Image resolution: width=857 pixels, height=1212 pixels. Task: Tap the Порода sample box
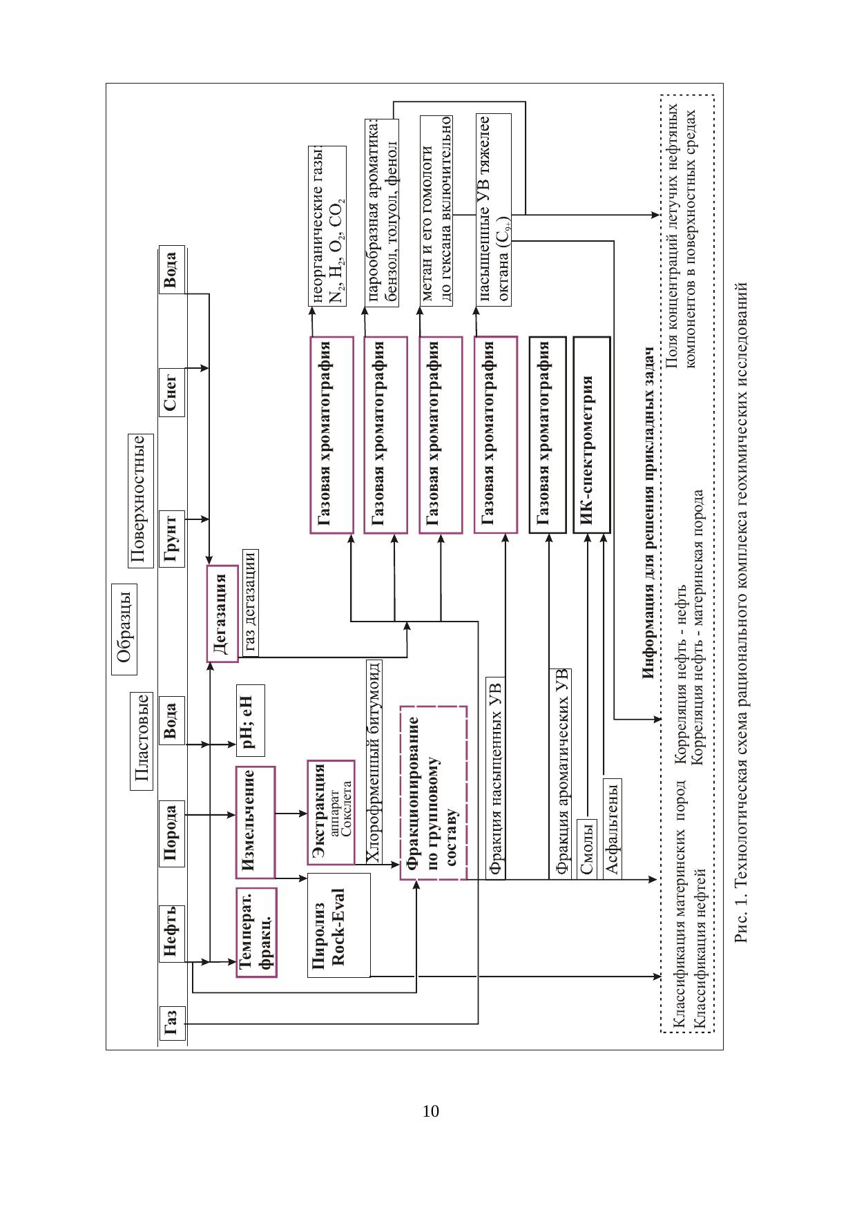click(x=172, y=834)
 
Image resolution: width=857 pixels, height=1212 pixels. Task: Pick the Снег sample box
click(x=172, y=392)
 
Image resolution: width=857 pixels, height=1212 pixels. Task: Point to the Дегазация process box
click(x=221, y=613)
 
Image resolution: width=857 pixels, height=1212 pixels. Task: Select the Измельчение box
click(x=254, y=821)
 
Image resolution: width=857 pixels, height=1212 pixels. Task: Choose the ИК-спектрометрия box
click(x=591, y=434)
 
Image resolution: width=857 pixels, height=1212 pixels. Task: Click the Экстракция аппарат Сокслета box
click(x=330, y=812)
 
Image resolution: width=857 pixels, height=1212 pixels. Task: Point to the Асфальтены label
click(x=612, y=827)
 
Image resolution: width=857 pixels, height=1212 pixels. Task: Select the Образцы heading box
click(x=124, y=628)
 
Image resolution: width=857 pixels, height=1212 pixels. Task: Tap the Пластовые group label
click(x=141, y=740)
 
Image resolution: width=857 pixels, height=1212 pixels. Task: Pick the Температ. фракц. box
click(x=256, y=932)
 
